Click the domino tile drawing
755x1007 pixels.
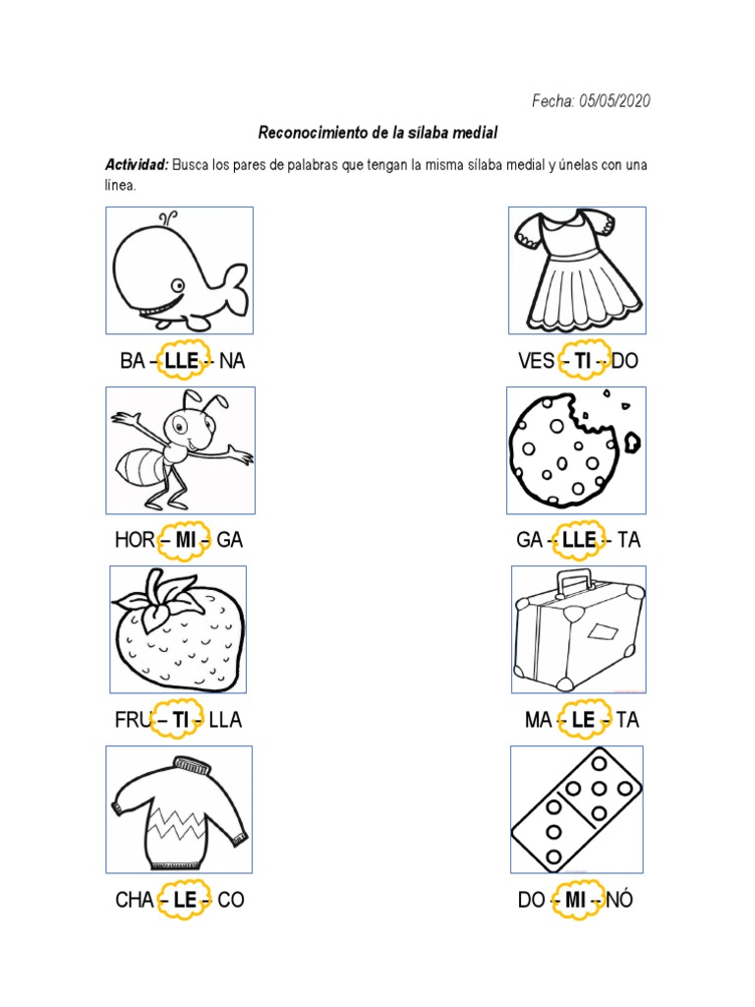[576, 808]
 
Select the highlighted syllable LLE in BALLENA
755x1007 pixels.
[182, 361]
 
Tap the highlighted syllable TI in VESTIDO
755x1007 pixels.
[583, 361]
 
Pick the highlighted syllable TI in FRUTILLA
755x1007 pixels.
[180, 720]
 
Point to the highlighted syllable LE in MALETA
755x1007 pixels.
[583, 720]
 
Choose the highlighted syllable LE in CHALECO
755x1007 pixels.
[185, 899]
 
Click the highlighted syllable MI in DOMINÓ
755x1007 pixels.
[577, 899]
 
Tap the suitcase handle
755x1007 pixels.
[572, 580]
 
